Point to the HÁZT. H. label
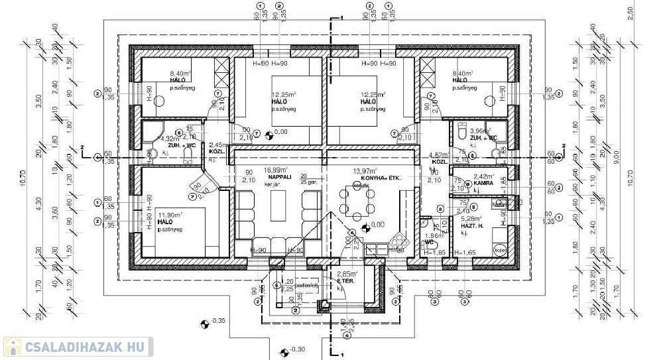473,226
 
